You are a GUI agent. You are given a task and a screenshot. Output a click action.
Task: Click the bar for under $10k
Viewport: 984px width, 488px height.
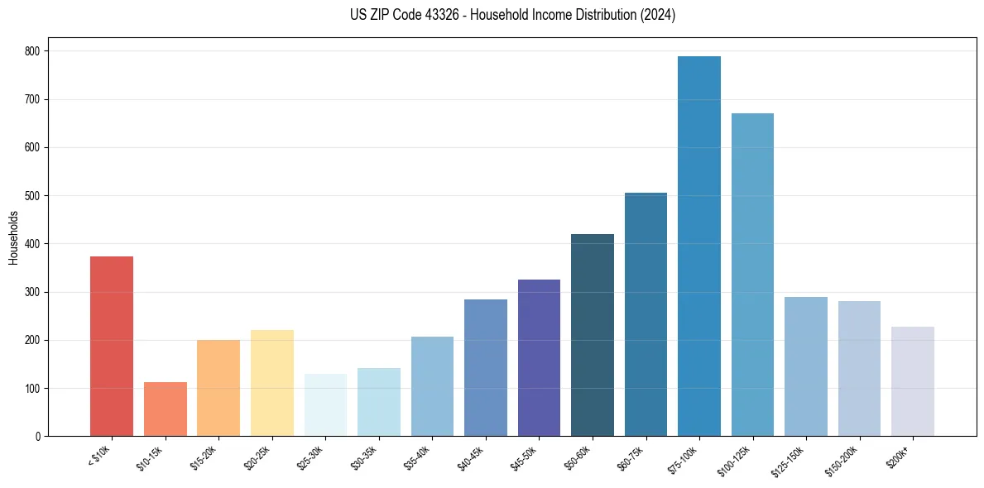click(x=112, y=347)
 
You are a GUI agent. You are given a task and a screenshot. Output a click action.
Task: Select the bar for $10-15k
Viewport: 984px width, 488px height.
click(x=166, y=409)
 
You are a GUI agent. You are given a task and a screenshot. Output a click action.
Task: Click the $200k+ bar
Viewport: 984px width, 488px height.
click(x=913, y=381)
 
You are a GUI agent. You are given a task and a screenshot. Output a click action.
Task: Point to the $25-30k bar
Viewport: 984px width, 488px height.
click(x=325, y=405)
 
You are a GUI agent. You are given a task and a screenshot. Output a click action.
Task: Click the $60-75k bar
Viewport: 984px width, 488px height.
click(x=646, y=314)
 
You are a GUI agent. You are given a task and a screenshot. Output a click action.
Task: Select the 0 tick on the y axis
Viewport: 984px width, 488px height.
click(x=40, y=437)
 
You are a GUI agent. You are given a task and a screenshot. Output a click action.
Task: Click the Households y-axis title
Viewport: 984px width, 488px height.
click(x=13, y=237)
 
